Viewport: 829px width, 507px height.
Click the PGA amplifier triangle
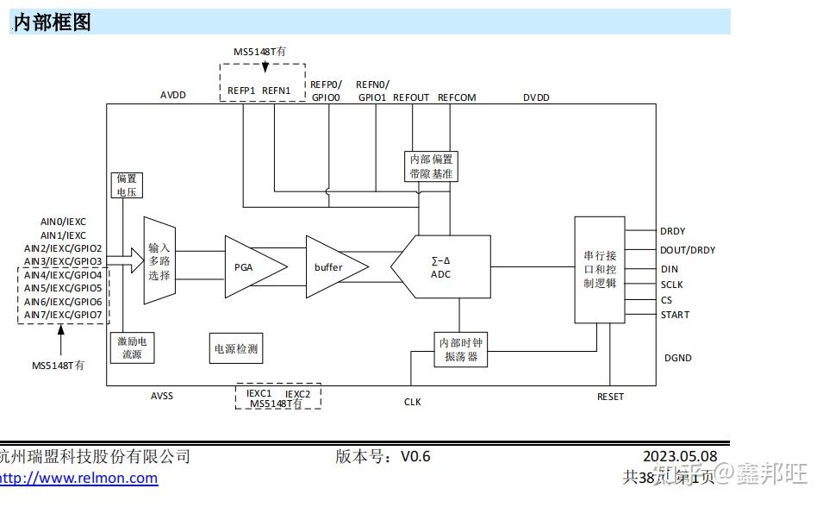(x=250, y=266)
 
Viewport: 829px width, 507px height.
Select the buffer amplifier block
(x=332, y=267)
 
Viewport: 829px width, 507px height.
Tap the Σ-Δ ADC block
(x=441, y=267)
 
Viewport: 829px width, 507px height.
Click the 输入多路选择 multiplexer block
(x=159, y=261)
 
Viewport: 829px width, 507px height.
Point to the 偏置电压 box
(x=127, y=185)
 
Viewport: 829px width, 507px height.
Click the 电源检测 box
(x=235, y=348)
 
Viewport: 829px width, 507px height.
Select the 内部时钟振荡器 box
(x=460, y=349)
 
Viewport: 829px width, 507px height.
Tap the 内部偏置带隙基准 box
(x=431, y=166)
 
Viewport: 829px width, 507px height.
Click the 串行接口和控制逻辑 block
(x=600, y=269)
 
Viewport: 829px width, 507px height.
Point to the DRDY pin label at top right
(x=673, y=231)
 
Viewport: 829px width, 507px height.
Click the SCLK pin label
(x=671, y=285)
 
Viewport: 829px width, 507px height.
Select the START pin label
(x=675, y=315)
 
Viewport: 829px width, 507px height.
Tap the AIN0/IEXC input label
(x=63, y=222)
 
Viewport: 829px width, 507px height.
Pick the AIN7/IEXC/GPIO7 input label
(x=63, y=315)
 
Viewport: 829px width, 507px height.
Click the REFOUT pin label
(x=411, y=97)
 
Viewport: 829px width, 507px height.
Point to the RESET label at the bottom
(x=610, y=397)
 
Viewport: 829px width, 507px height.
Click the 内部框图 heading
(x=53, y=23)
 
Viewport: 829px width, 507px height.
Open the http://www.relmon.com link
(x=78, y=478)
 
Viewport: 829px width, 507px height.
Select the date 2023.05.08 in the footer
(x=679, y=456)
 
